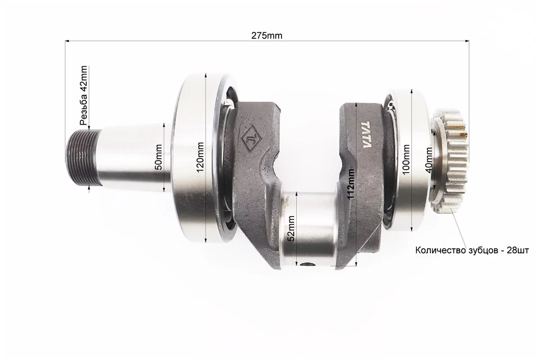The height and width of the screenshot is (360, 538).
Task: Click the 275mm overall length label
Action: (267, 36)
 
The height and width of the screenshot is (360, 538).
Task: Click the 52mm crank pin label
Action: (291, 229)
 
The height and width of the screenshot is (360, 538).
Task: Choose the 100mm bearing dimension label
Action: (406, 160)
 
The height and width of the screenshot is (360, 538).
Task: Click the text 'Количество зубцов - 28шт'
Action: (472, 250)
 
